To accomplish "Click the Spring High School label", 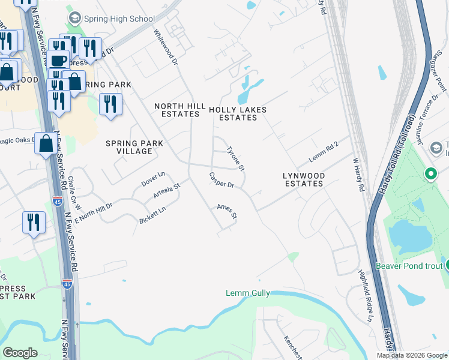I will pos(120,19).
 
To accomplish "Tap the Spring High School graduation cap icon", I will pos(74,19).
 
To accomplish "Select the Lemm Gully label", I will pos(247,293).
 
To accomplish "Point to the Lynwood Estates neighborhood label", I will pos(304,179).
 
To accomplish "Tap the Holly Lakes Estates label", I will pos(237,114).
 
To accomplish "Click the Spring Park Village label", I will pos(129,147).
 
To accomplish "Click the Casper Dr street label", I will pos(221,181).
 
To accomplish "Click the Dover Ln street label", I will pos(153,178).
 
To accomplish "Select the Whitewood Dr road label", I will pos(166,47).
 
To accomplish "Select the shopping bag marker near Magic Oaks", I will pos(46,143).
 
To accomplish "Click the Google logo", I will pos(20,352).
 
